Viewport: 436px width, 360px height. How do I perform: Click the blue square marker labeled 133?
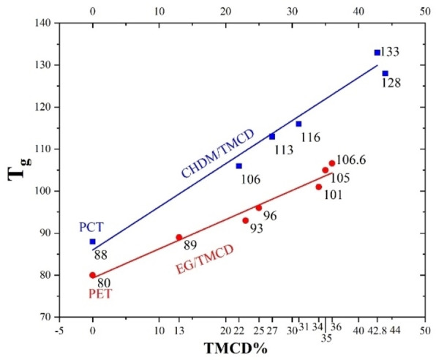(377, 53)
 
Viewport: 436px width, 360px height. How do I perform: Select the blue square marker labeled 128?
(385, 73)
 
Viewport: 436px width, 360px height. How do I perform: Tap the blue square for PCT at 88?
(93, 241)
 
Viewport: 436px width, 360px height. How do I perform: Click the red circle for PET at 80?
(93, 275)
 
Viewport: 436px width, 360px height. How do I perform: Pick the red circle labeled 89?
(179, 237)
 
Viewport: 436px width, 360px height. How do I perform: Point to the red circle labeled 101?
(319, 187)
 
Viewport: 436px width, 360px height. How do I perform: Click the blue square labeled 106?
(239, 166)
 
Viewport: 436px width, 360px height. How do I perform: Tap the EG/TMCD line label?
(205, 259)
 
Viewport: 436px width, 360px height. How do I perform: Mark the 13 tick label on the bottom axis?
(179, 330)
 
